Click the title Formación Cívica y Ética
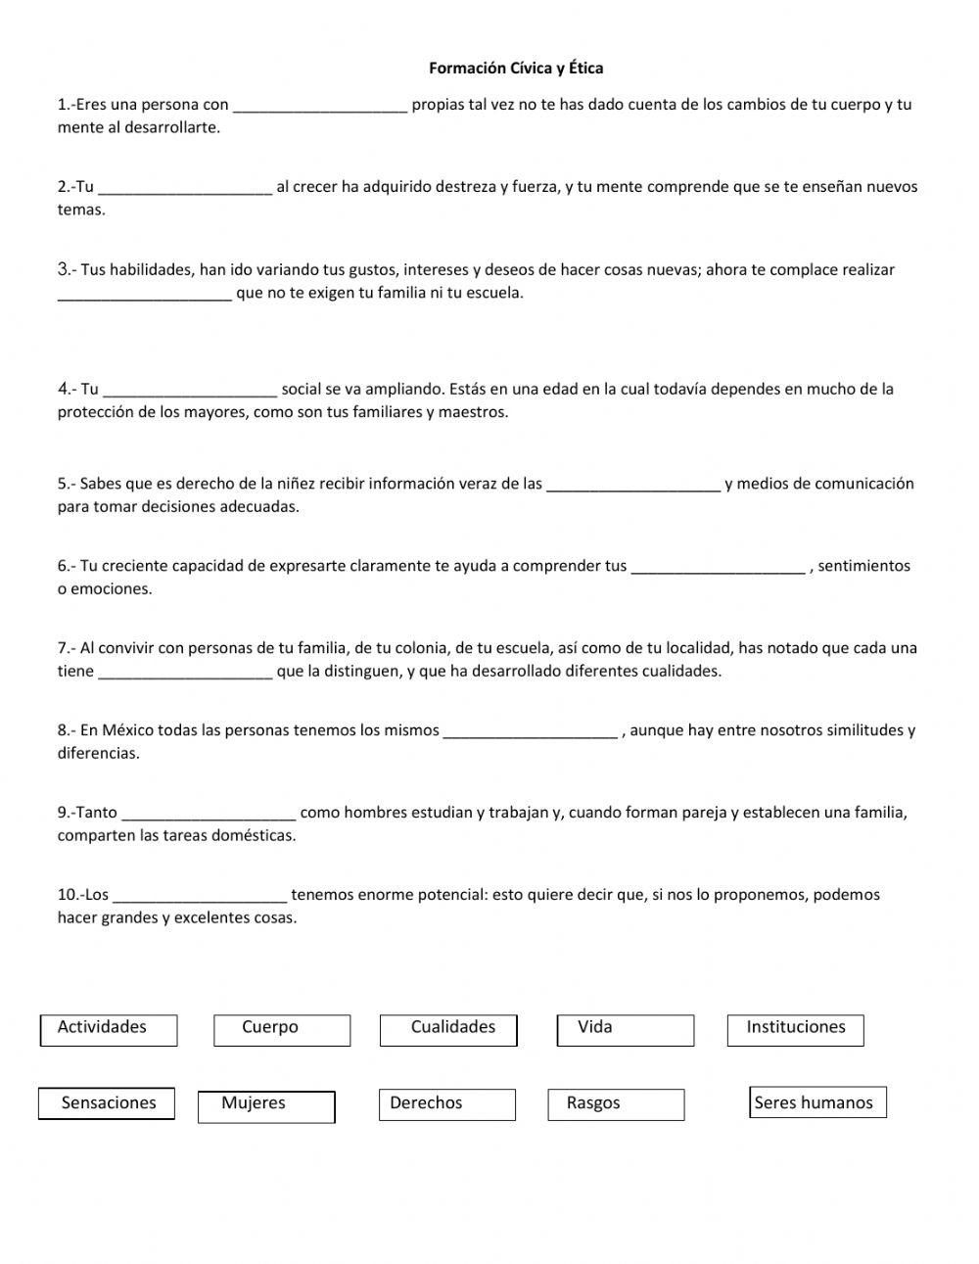coord(515,69)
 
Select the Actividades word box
coord(109,1029)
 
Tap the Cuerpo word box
coord(282,1029)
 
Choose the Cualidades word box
coord(448,1029)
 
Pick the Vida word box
coord(625,1029)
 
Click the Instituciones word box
coord(795,1029)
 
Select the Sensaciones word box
coord(107,1103)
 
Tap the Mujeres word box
coord(266,1105)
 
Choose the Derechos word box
coord(446,1104)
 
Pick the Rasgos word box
coord(615,1104)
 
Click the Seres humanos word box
coord(817,1102)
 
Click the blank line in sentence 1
coord(320,108)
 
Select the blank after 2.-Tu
coord(185,190)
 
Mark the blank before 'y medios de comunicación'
coord(632,487)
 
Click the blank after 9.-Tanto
coord(209,816)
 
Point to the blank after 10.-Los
coord(200,898)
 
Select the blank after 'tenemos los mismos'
coord(530,733)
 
